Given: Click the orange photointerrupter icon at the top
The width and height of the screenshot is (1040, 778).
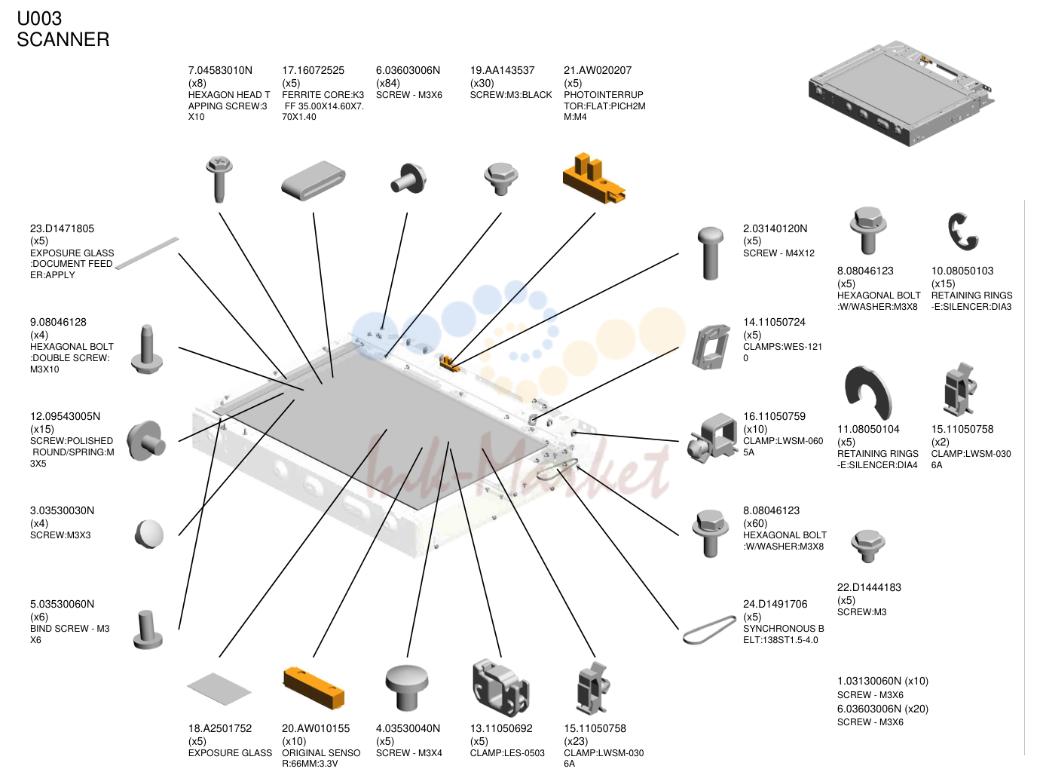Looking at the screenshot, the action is point(594,179).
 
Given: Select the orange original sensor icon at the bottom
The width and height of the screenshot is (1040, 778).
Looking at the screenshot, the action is point(314,688).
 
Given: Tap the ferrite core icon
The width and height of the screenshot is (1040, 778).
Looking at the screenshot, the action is point(314,180).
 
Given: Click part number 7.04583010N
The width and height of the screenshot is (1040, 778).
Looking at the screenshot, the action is point(220,71).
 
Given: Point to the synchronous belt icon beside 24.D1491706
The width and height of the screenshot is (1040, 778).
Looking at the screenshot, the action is point(709,629).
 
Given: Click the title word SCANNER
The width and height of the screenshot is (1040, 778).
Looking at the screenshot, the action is point(63,39).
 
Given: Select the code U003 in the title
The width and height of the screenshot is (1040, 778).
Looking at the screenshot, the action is point(39,19).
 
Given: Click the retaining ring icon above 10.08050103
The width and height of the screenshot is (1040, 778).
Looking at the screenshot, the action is point(963,231).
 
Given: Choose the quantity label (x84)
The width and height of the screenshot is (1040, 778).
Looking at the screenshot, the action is point(388,83).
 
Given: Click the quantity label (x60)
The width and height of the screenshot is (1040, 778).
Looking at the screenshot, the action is point(755,523).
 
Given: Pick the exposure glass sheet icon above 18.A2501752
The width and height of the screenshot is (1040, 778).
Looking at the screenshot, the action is point(219,688).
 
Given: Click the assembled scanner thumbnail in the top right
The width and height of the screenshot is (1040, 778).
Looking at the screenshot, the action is point(901,93).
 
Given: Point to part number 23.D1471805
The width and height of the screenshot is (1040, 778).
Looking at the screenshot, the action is point(62,229).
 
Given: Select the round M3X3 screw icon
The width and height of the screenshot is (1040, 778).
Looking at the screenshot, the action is point(150,534).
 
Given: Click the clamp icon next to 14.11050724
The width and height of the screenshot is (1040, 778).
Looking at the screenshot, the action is point(711,347).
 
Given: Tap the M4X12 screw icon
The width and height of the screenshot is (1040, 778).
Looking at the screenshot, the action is point(710,253).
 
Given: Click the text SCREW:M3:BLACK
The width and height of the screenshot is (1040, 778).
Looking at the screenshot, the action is point(511,95).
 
